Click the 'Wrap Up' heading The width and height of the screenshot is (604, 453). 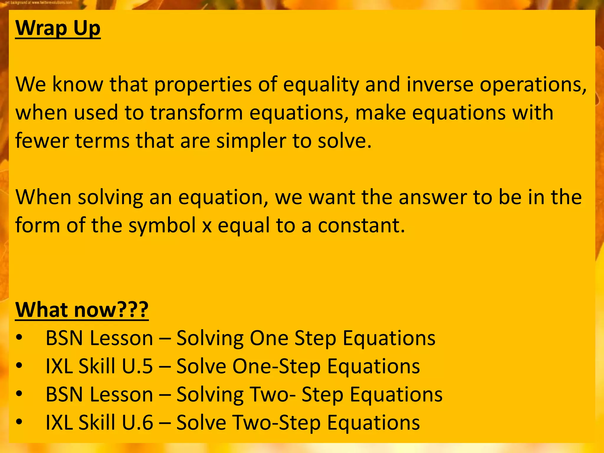click(x=58, y=28)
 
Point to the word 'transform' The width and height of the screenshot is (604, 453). click(x=196, y=113)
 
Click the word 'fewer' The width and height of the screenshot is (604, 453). click(x=42, y=141)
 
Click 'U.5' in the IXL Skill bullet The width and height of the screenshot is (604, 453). click(x=137, y=366)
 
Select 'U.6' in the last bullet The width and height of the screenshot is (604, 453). click(x=137, y=423)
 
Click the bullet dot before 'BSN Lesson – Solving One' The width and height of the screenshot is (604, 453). click(x=19, y=338)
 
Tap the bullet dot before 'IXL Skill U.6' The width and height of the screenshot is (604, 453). click(x=19, y=423)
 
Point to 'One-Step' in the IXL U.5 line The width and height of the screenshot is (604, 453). click(x=276, y=366)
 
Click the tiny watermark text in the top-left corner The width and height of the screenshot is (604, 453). click(x=38, y=2)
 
